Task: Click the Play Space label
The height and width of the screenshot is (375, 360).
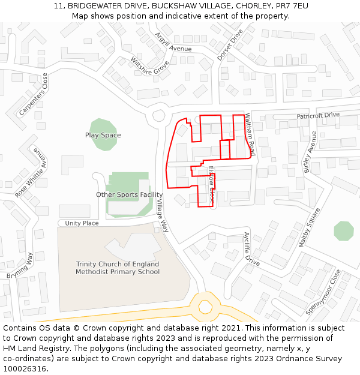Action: point(103,135)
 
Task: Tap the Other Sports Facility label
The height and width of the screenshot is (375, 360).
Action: point(130,194)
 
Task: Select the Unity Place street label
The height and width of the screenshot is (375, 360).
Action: point(82,223)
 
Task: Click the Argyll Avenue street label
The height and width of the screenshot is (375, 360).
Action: point(173,41)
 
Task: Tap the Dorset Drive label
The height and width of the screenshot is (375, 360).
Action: point(230,44)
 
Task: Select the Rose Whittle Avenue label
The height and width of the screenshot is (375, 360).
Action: point(30,173)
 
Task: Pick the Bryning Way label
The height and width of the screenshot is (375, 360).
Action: point(20,266)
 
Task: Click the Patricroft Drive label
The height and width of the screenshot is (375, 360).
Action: point(318,115)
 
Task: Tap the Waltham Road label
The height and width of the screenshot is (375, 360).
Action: point(250,136)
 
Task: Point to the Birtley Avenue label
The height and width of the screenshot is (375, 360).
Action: point(310,152)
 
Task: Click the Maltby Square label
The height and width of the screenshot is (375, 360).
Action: point(310,227)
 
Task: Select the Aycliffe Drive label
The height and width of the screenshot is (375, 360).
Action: point(251,249)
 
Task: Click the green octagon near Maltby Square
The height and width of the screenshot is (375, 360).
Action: point(344,231)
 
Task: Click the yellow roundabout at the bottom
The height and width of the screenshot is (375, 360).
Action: point(206,307)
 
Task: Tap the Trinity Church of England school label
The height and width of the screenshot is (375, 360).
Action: point(118,268)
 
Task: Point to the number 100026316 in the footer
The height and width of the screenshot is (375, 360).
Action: point(24,368)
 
